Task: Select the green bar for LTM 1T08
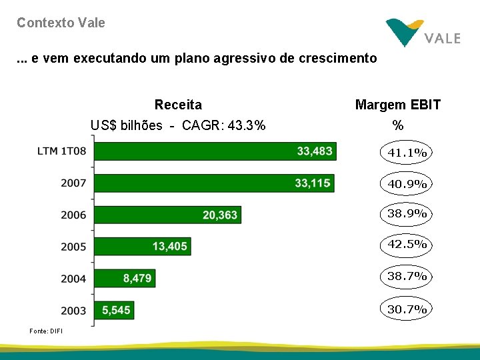coord(214,151)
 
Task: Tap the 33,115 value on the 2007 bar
coord(313,183)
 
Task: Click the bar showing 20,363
coord(167,215)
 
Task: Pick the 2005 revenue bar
coord(142,247)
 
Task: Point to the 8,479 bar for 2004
coord(125,278)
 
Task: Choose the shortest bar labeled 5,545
coord(113,310)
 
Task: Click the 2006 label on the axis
coord(73,215)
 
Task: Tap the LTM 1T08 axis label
coord(62,151)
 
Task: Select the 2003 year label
coord(73,310)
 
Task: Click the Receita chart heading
coord(178,105)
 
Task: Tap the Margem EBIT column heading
coord(398,105)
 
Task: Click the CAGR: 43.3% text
coord(223,125)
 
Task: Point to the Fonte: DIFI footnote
coord(46,331)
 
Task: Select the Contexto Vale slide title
coord(61,23)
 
